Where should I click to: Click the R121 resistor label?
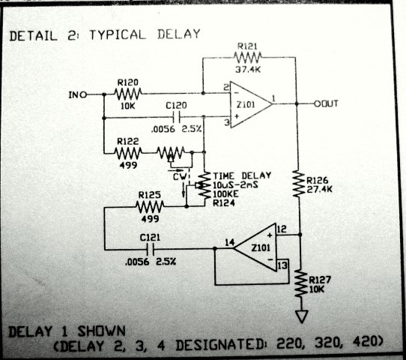tap(247, 46)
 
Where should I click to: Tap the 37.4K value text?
tap(248, 69)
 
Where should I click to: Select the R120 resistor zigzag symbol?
tap(128, 94)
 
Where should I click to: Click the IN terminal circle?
tap(83, 94)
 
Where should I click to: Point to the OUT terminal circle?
tap(318, 104)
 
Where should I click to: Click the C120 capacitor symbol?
tap(177, 118)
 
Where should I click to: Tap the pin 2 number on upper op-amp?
tap(226, 87)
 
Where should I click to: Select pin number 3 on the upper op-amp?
tap(227, 122)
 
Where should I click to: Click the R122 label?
tap(128, 142)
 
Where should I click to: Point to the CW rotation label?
tap(180, 177)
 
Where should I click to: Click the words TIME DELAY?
tap(242, 176)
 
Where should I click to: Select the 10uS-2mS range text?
tap(235, 185)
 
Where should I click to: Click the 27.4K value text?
tap(319, 190)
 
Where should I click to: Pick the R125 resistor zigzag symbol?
tap(150, 207)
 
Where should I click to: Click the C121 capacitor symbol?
tap(150, 250)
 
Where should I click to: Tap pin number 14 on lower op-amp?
tap(230, 242)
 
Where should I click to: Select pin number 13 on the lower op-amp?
tap(282, 265)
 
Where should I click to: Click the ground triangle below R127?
tap(302, 316)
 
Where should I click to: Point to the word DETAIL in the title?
tap(33, 36)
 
